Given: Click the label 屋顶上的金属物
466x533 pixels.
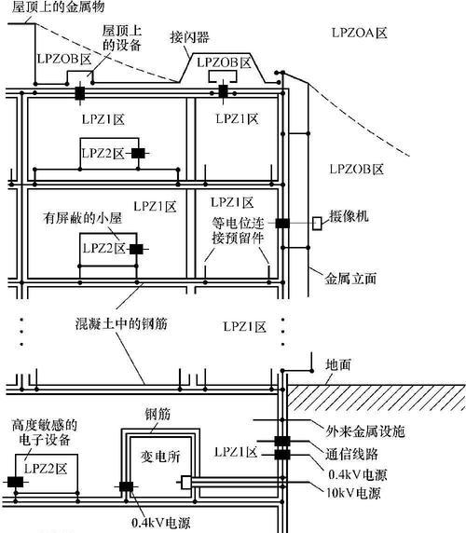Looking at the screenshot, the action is (58, 7).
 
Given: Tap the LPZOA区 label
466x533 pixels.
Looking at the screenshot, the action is (359, 33).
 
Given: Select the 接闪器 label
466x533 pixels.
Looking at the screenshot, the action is (190, 37).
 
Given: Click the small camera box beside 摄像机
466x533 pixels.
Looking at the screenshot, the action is (317, 224).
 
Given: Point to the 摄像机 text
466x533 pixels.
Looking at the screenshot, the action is (349, 216).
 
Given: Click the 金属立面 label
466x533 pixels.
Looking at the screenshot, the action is (350, 279).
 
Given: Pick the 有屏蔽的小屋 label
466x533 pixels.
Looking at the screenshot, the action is (82, 218).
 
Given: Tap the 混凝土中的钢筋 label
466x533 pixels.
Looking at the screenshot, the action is (121, 323).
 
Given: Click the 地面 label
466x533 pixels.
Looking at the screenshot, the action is (338, 364).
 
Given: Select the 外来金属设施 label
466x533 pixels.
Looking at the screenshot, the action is (365, 431).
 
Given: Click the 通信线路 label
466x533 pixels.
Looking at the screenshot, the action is (351, 454).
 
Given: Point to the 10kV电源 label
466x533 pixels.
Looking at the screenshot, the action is (353, 493).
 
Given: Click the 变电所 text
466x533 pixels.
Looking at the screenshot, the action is (160, 457).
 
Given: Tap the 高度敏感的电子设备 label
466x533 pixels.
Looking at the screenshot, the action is (45, 432).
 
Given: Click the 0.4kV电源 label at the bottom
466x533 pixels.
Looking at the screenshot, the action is (160, 523).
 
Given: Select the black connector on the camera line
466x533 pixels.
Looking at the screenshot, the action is (282, 224).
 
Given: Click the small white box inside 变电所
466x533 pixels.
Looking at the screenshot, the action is (185, 483).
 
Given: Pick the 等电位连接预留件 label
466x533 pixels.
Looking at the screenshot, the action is (238, 231).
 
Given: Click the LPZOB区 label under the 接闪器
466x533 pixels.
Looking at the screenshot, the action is (224, 62).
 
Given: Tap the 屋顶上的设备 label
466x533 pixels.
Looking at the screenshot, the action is (122, 37).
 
